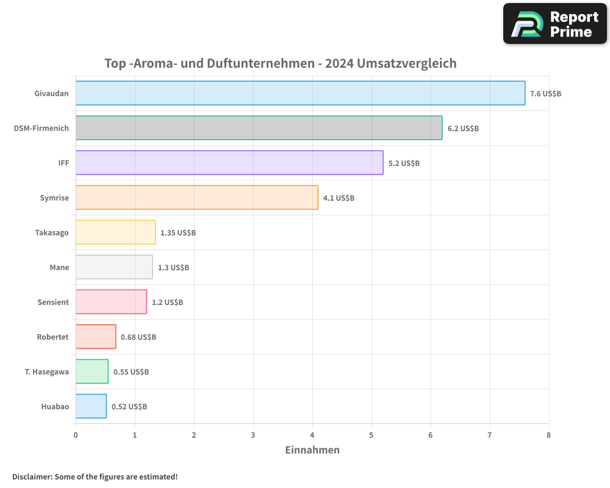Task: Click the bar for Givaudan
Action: pos(300,93)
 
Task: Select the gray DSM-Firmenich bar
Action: pos(259,128)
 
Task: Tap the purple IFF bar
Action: pos(229,163)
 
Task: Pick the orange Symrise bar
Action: pos(196,198)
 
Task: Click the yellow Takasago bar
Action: pos(115,232)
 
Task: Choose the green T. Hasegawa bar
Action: pos(92,371)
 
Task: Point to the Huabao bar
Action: pos(91,406)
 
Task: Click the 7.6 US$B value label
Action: pos(545,94)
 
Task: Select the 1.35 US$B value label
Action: pos(178,233)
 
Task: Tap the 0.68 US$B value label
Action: pos(138,337)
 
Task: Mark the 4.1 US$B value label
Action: pos(339,198)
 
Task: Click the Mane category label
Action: pos(59,267)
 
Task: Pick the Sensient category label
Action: pos(53,302)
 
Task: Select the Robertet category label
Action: pos(52,337)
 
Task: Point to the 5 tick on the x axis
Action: pos(371,435)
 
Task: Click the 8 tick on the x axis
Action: pos(548,435)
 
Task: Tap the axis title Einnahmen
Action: pos(312,450)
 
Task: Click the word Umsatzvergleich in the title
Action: pos(407,63)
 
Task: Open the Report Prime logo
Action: pos(555,24)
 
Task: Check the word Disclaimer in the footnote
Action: pos(32,476)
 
